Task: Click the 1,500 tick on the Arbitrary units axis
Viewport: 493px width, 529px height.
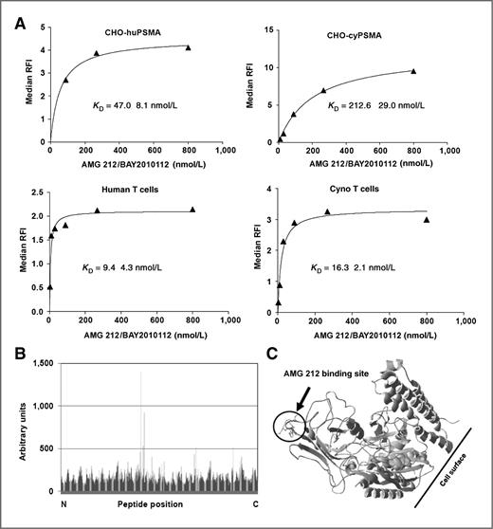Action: (43, 363)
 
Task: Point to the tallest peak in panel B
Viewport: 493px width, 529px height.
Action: (140, 374)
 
